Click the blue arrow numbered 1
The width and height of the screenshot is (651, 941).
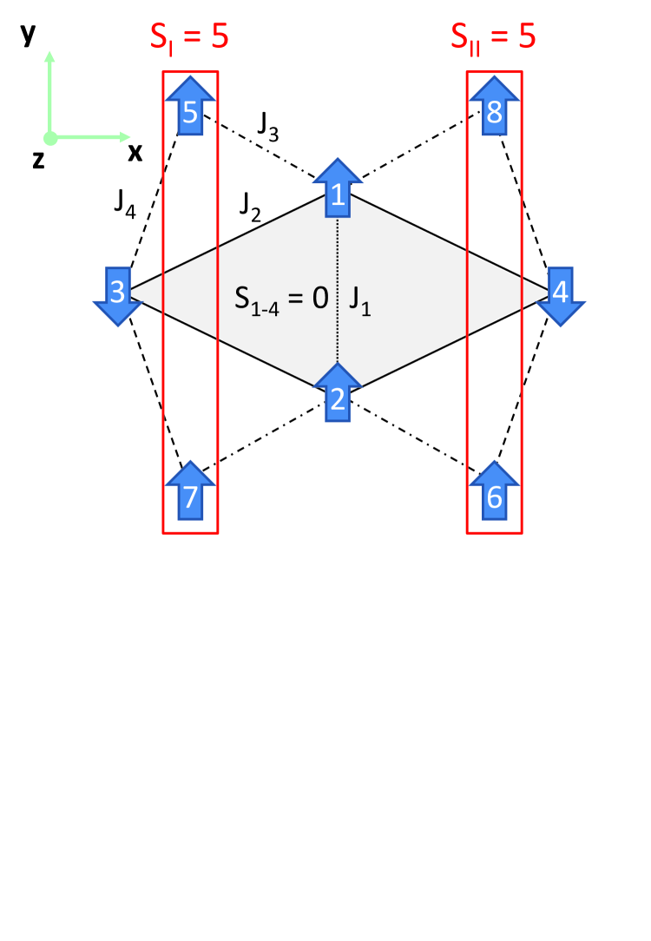point(336,189)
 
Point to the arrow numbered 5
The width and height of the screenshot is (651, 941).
point(190,105)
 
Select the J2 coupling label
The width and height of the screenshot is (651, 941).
point(251,207)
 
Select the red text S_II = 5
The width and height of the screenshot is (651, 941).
point(492,38)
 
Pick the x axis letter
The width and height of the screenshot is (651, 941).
point(135,153)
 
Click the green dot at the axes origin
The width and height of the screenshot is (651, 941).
point(50,137)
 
